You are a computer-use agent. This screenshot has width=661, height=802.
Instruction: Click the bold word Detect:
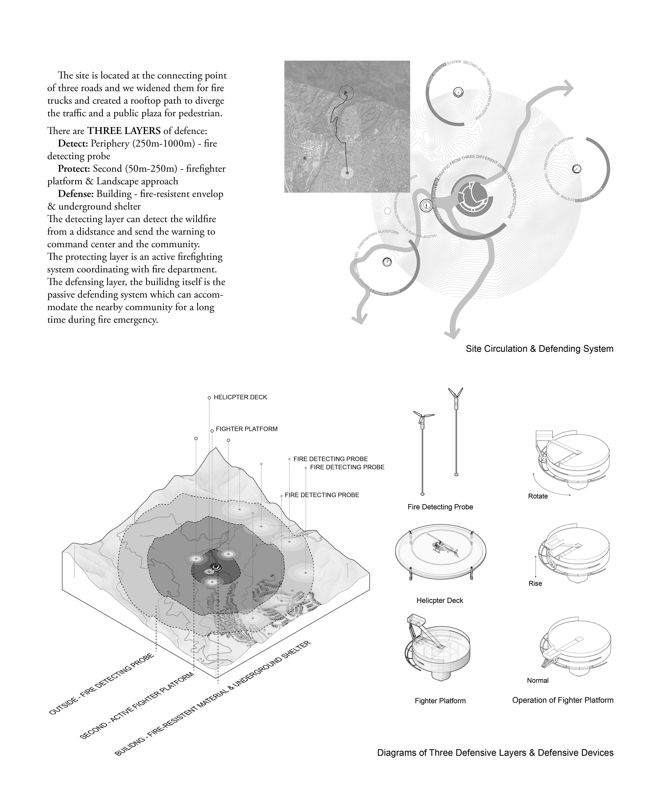pos(74,143)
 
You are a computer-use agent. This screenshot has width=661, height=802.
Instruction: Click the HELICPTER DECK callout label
pos(240,397)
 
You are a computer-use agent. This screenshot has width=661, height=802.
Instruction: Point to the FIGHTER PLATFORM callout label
pos(246,429)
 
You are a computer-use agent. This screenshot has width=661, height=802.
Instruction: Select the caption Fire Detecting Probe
pos(440,507)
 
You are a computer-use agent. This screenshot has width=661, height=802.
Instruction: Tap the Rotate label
pos(538,496)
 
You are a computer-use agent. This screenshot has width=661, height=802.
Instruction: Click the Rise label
pos(535,583)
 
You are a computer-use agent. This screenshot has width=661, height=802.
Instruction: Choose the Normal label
pos(538,680)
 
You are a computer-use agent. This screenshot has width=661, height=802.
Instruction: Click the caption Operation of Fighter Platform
pos(562,700)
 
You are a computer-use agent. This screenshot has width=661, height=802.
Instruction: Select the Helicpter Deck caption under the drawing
pos(440,600)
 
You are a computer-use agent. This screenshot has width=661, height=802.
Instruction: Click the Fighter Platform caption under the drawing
pos(440,701)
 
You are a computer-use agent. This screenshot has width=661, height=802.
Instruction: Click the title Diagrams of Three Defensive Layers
pos(495,752)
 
